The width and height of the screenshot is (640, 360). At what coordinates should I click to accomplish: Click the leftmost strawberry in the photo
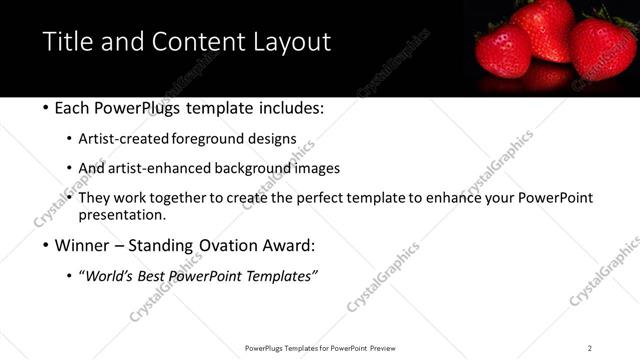click(x=502, y=50)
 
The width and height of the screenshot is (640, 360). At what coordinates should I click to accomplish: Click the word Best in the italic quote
click(x=160, y=276)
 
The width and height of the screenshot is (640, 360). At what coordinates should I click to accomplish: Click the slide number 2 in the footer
click(x=589, y=348)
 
